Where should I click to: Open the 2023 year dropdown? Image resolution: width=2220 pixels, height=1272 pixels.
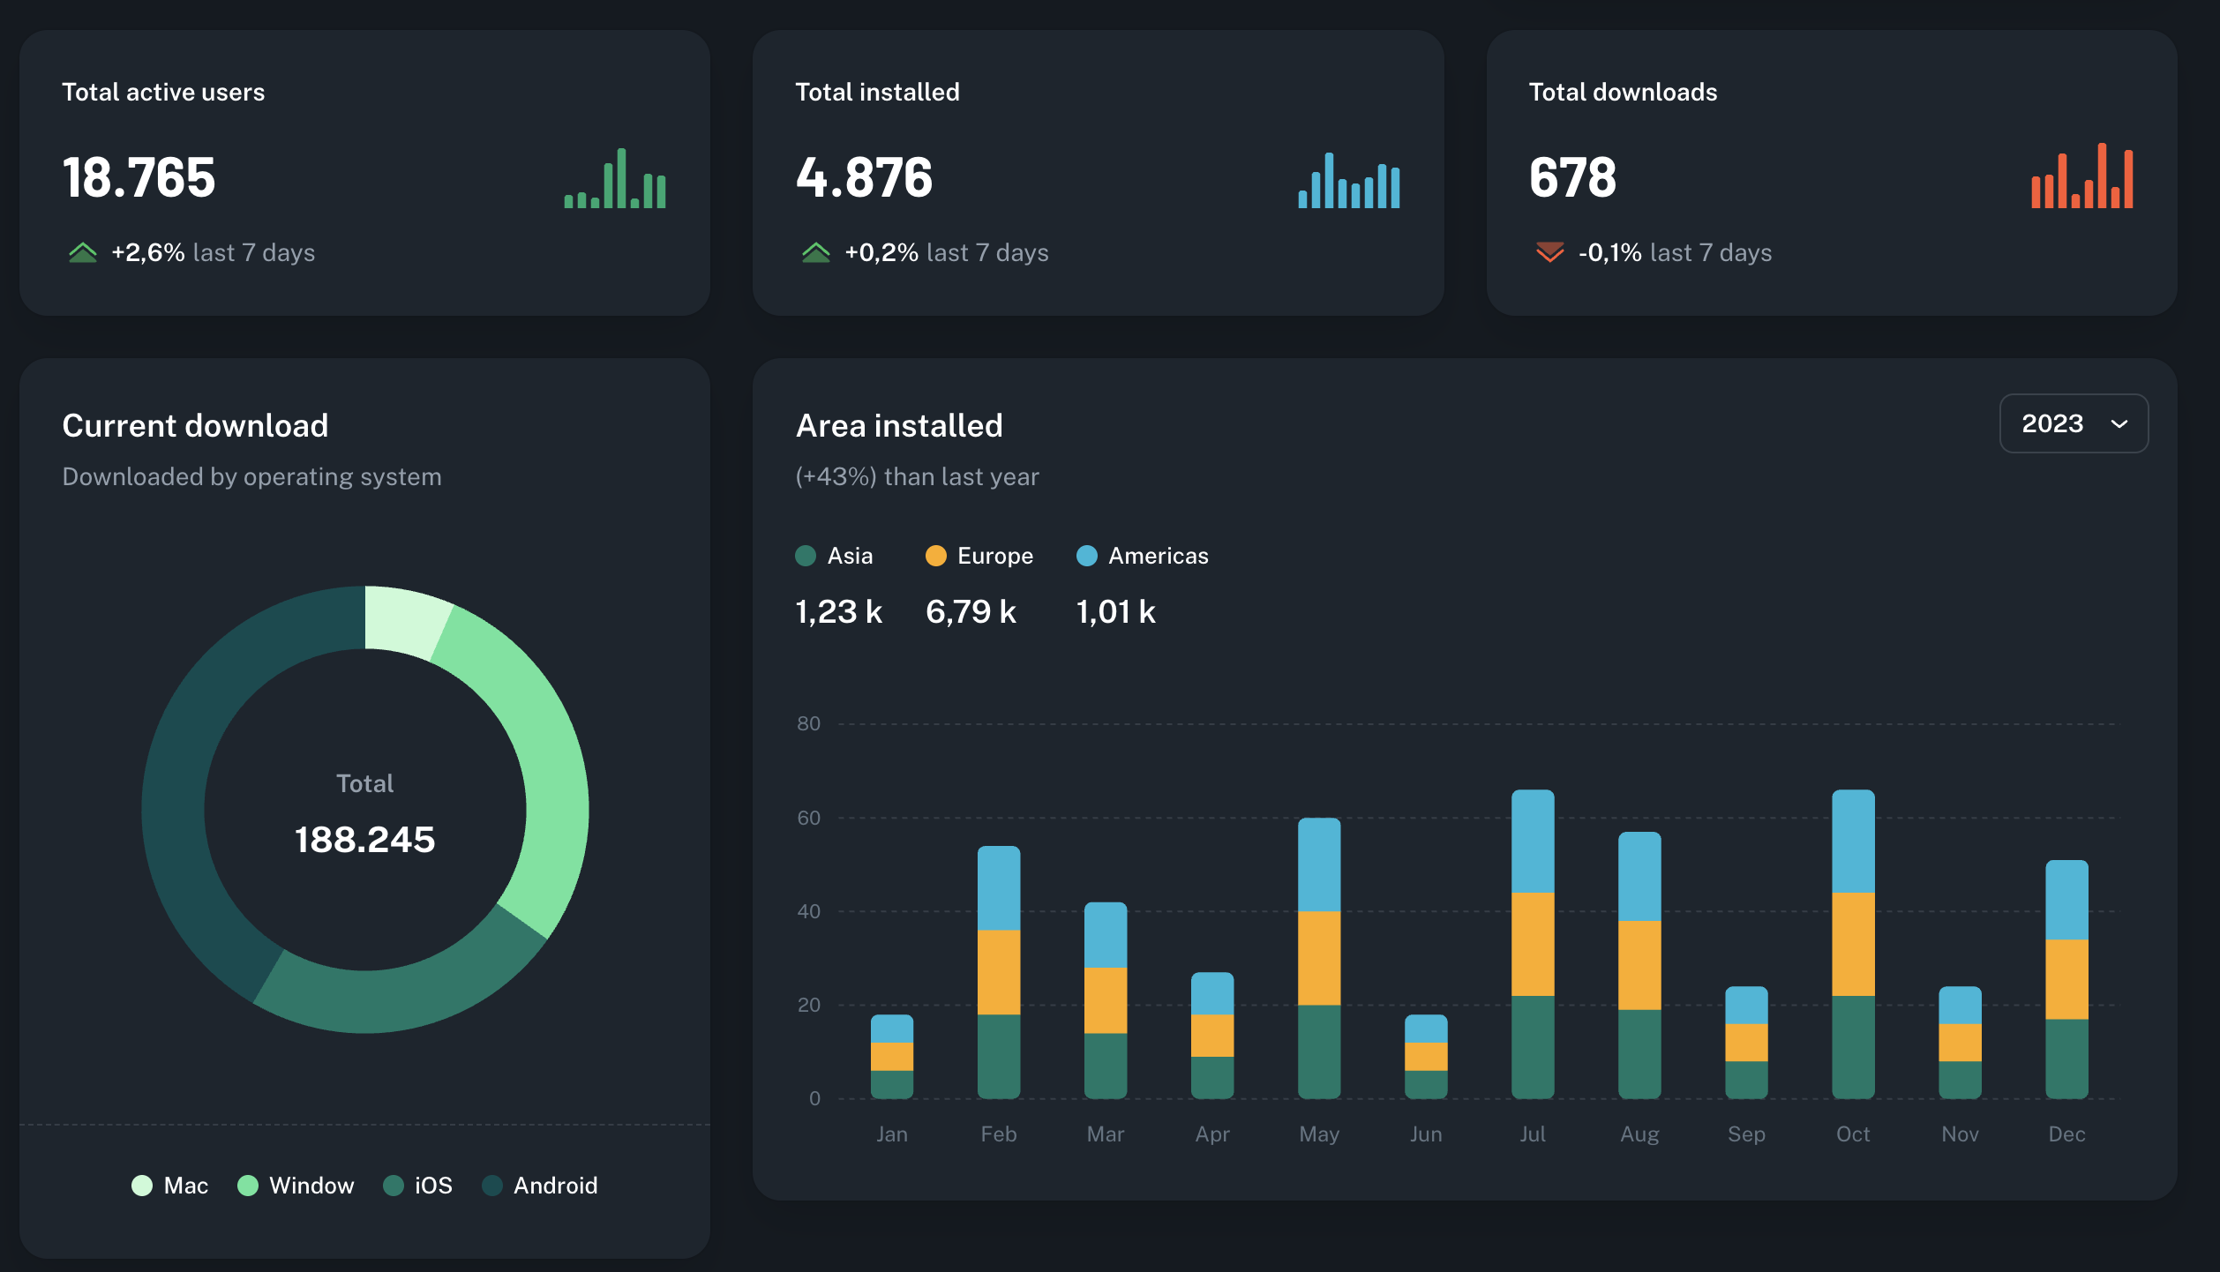click(2073, 423)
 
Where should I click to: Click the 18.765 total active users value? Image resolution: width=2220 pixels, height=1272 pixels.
click(139, 177)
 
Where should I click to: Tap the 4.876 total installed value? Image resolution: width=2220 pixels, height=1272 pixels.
click(864, 177)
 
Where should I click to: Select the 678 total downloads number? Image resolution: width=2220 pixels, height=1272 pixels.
click(1572, 177)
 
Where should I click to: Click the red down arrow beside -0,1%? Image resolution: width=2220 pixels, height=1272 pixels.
click(1549, 252)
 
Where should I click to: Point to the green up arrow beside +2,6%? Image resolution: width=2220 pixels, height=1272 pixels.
click(83, 252)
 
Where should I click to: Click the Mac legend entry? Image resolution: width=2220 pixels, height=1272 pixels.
click(170, 1186)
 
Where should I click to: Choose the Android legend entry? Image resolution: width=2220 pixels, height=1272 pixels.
click(540, 1186)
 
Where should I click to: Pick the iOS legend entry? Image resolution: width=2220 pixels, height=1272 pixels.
click(418, 1186)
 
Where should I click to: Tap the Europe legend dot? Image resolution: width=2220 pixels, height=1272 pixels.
click(935, 556)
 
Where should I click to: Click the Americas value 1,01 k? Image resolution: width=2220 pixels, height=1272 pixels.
click(1115, 611)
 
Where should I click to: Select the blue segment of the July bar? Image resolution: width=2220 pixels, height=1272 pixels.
click(1533, 842)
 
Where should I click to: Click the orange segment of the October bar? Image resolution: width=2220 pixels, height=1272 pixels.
click(1853, 944)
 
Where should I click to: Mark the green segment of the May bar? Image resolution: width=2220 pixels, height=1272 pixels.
click(1319, 1051)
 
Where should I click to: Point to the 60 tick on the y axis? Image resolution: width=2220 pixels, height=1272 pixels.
click(808, 818)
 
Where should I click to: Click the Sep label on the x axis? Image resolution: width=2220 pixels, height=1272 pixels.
click(1746, 1134)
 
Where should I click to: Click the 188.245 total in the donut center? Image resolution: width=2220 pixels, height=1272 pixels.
click(364, 840)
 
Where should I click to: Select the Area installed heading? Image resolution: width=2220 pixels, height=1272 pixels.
click(899, 426)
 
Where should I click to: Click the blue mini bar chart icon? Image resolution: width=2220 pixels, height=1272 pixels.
click(1348, 181)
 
